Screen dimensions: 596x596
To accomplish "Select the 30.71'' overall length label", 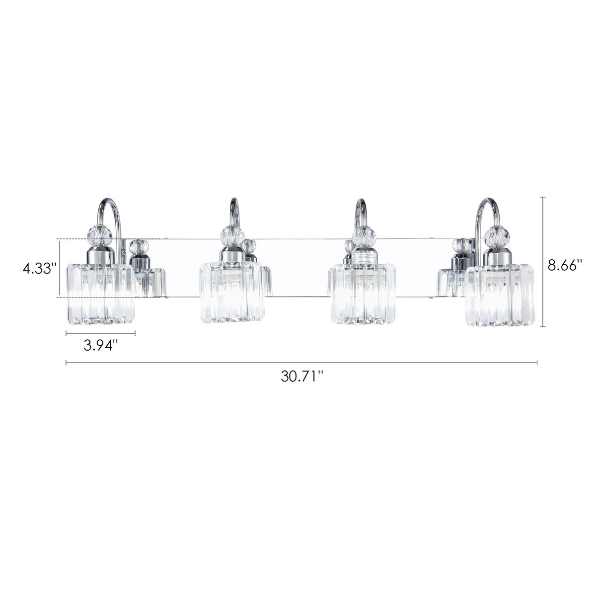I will (x=301, y=376).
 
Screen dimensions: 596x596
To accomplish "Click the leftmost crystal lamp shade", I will (x=99, y=292).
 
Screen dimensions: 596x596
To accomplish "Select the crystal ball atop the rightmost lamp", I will (x=498, y=235).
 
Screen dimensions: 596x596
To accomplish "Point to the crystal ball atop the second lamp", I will (x=229, y=233).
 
